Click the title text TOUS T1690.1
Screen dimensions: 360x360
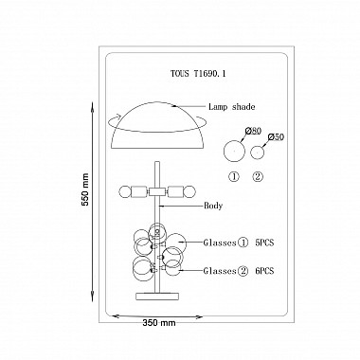tap(198, 74)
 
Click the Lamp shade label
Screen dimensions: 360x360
tap(231, 107)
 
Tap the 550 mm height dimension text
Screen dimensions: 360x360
tap(85, 189)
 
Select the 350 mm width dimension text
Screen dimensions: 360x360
tap(159, 323)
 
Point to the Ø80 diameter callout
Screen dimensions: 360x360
tap(253, 131)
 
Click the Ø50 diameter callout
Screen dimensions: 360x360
tap(276, 137)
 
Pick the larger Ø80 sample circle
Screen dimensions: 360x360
tap(234, 152)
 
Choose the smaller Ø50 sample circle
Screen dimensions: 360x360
tap(258, 153)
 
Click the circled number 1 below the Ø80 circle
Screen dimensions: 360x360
tap(234, 176)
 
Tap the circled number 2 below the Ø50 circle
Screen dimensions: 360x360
tap(258, 176)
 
